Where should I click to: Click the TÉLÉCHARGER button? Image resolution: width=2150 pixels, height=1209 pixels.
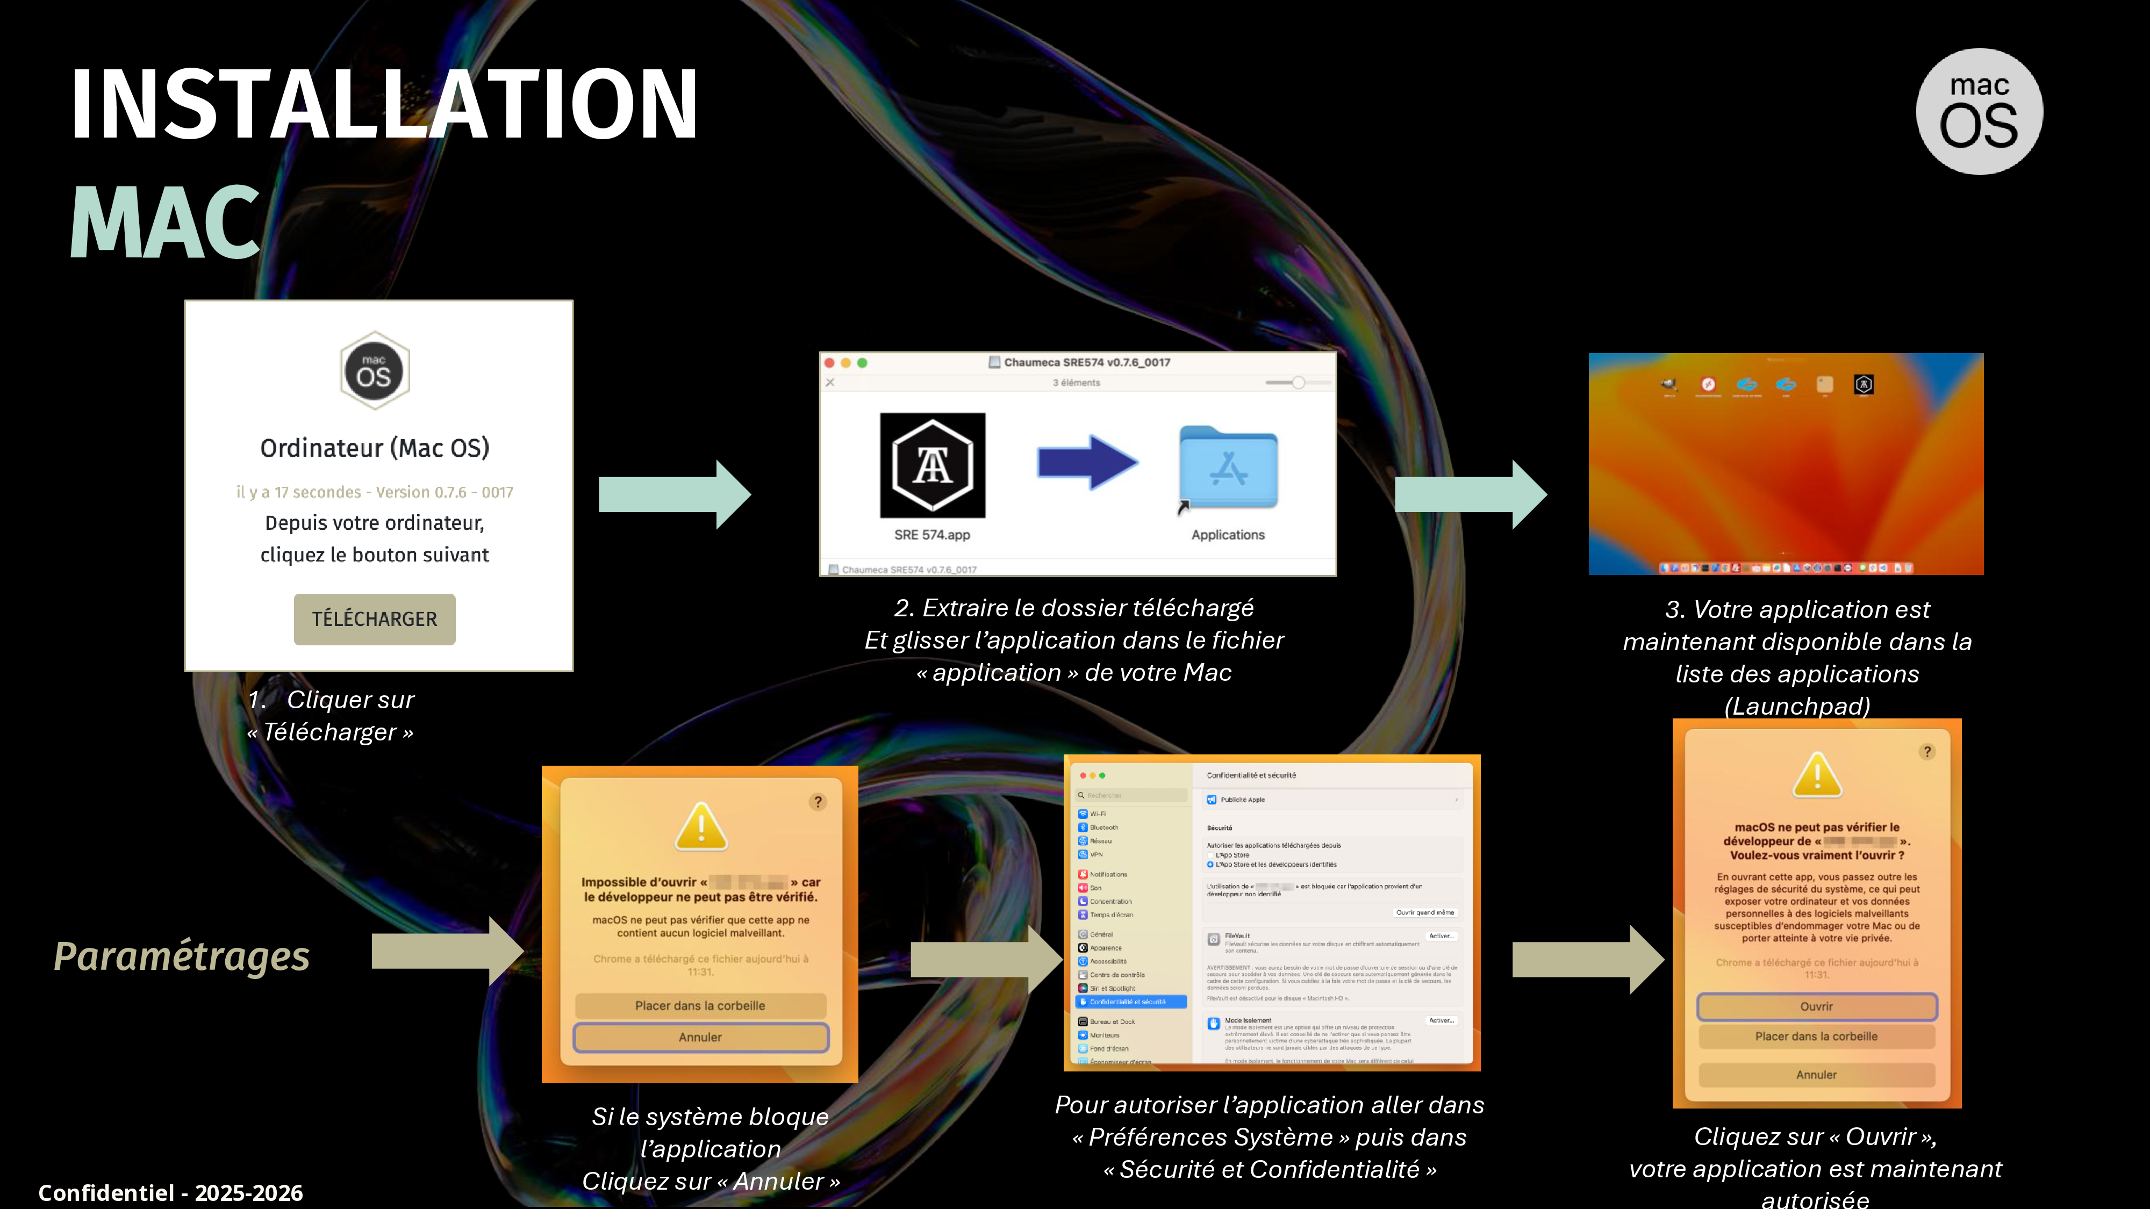(374, 619)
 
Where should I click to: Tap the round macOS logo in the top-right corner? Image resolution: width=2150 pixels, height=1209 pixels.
(1979, 111)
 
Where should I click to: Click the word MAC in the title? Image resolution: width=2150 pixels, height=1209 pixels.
(165, 222)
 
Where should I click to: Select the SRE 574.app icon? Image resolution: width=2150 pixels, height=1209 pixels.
(932, 465)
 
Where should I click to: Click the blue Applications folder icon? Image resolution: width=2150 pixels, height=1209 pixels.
(1228, 467)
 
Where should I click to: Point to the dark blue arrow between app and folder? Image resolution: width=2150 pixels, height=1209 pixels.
(1087, 462)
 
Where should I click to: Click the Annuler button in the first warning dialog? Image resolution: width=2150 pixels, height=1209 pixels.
(700, 1037)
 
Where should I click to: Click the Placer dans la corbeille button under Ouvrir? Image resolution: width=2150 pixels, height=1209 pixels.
(1816, 1037)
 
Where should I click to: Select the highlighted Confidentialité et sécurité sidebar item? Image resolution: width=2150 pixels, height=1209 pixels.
(1131, 1001)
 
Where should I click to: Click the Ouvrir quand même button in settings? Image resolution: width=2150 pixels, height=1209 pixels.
(1425, 912)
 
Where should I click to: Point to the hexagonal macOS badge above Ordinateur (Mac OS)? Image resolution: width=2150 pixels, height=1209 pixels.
(375, 370)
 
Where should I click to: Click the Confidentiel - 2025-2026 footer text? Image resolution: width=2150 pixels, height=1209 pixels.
(170, 1192)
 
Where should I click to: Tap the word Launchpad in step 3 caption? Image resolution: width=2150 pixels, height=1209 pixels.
(1797, 706)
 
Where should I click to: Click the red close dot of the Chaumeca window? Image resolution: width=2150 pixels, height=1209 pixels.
(829, 363)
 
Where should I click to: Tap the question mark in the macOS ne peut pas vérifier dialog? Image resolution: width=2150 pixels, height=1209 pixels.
(1927, 752)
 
